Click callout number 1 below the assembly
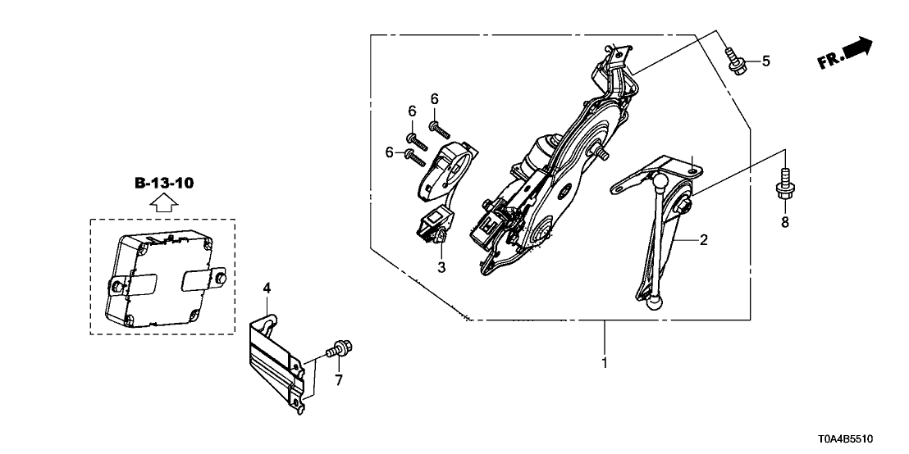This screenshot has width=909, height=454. (x=605, y=362)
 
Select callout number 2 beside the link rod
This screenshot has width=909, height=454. (x=702, y=241)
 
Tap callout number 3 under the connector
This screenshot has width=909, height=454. (x=441, y=267)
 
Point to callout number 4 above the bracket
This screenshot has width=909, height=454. (x=266, y=287)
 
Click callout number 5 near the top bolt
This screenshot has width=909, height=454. (x=766, y=61)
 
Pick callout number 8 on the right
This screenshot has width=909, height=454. (x=784, y=222)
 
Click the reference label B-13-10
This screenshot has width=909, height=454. (x=164, y=183)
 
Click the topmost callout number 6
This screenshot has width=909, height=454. (x=435, y=99)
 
